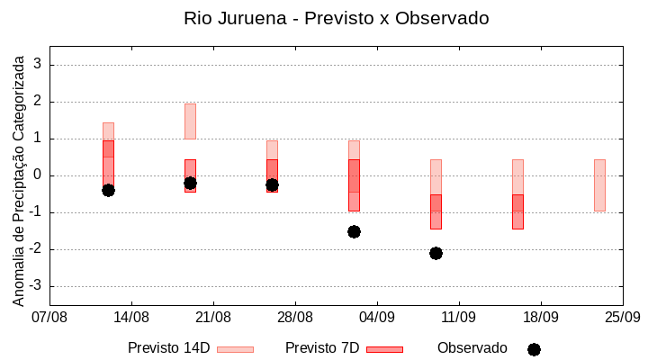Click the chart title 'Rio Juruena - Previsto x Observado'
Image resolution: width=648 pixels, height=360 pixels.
(x=336, y=18)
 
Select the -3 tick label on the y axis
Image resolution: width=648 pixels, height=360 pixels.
(x=36, y=286)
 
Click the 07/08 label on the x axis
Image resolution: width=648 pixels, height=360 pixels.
(x=49, y=317)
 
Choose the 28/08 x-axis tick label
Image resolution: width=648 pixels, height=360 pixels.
(x=295, y=317)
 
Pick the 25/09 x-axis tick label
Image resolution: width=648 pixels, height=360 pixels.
(x=622, y=317)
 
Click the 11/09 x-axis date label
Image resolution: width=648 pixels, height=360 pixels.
(x=459, y=317)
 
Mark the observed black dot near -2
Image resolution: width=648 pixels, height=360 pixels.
(x=436, y=253)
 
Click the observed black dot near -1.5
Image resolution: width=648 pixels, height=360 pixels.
(x=354, y=231)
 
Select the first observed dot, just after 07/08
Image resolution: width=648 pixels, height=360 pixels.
(x=108, y=190)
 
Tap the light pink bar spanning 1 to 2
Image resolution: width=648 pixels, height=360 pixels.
(x=190, y=121)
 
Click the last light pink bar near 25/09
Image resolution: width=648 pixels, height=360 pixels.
(x=599, y=184)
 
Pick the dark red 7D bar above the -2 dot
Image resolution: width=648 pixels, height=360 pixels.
(x=436, y=211)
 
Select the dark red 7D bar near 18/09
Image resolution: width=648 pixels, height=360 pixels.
(x=517, y=211)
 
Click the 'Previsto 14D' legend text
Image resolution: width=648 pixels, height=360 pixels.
(x=168, y=348)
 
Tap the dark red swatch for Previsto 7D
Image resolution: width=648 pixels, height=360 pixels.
(x=384, y=349)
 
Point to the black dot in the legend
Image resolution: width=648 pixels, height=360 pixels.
(x=534, y=349)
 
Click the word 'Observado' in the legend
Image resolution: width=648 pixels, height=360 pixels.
(x=472, y=348)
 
